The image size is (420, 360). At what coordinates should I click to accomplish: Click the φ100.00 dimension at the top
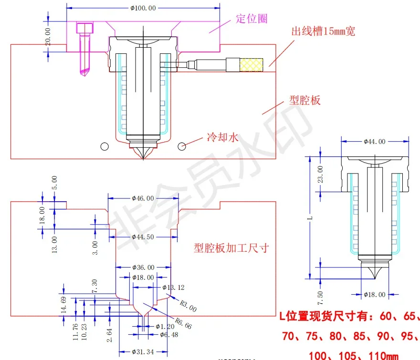point(143,8)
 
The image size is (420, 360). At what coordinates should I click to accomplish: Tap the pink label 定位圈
point(252,19)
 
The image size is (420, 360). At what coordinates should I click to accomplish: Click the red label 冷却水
point(222,137)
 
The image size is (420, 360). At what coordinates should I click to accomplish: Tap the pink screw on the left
point(84,48)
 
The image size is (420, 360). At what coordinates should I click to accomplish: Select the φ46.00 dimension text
point(142,198)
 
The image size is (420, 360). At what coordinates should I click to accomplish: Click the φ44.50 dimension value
point(142,237)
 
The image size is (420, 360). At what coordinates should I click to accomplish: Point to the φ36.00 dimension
point(143,267)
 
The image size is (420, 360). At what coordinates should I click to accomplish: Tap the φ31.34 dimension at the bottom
point(143,352)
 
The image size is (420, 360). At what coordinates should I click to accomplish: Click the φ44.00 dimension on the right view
point(374,141)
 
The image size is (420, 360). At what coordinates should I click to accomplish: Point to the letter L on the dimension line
point(311,217)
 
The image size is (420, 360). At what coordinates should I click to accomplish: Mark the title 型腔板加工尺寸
point(231,248)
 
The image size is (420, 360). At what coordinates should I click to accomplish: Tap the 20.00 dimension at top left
point(48,37)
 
